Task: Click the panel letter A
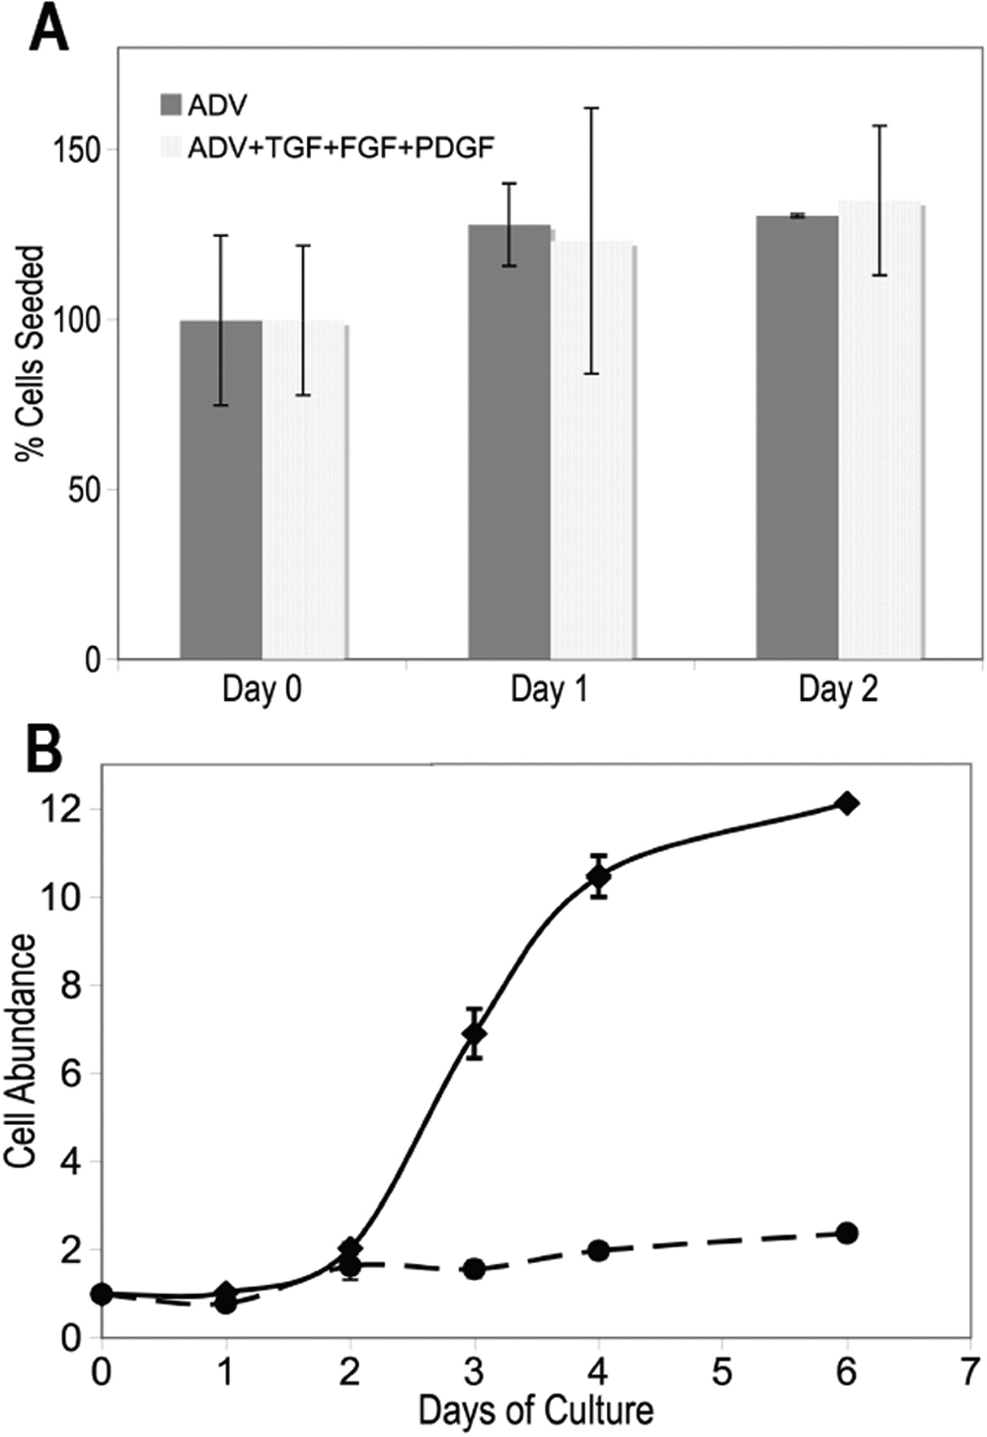[49, 30]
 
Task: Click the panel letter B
[44, 751]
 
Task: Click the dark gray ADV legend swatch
[171, 105]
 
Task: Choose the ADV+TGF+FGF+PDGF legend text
[341, 147]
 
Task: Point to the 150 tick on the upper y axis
[82, 150]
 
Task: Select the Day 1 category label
[549, 689]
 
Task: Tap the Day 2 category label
[838, 689]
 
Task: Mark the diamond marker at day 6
[846, 803]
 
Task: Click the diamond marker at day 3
[475, 1034]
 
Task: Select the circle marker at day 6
[846, 1233]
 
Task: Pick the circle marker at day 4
[597, 1250]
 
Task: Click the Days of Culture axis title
[536, 1410]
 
